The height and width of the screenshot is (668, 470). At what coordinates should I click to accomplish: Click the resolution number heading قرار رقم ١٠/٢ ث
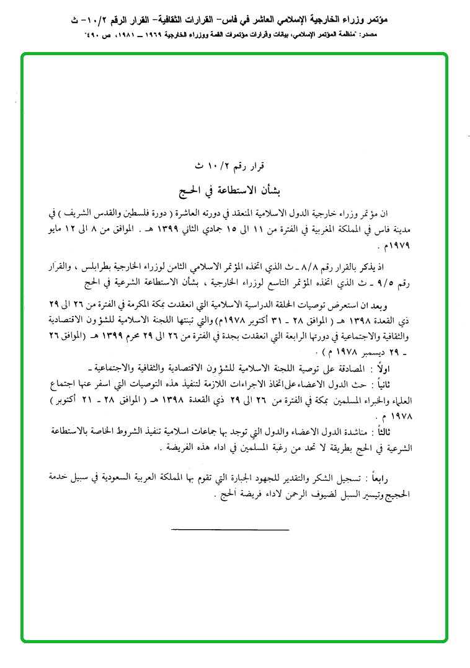point(229,166)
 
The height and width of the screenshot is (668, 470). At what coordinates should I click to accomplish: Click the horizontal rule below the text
point(229,529)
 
